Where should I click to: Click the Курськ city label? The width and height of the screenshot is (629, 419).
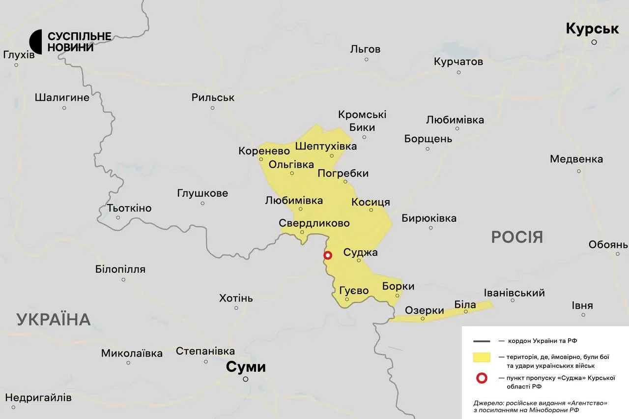tap(592, 29)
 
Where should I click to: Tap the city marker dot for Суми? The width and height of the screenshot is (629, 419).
tap(246, 379)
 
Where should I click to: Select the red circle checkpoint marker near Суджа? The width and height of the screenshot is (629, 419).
tap(328, 255)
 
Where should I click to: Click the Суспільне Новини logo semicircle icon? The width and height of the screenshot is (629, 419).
tap(35, 42)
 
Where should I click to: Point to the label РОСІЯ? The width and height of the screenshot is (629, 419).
tap(517, 237)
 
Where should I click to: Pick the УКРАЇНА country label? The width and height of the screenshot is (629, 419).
tap(54, 319)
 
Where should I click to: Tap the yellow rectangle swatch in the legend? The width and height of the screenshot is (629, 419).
tap(482, 357)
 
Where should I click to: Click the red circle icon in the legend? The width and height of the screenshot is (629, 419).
tap(482, 378)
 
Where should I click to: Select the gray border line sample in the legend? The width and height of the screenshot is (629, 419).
tap(482, 340)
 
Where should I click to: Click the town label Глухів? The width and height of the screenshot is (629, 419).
tap(19, 55)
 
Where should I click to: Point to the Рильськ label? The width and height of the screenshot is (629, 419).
tap(213, 97)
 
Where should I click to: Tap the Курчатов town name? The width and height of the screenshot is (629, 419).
tap(458, 61)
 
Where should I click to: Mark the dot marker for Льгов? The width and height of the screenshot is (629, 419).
tap(367, 60)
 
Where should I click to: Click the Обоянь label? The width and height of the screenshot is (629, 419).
tap(608, 244)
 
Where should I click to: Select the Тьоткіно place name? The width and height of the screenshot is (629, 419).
tap(129, 208)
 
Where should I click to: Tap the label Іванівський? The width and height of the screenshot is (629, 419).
tap(514, 293)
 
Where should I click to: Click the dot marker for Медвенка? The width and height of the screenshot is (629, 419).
tap(579, 171)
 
